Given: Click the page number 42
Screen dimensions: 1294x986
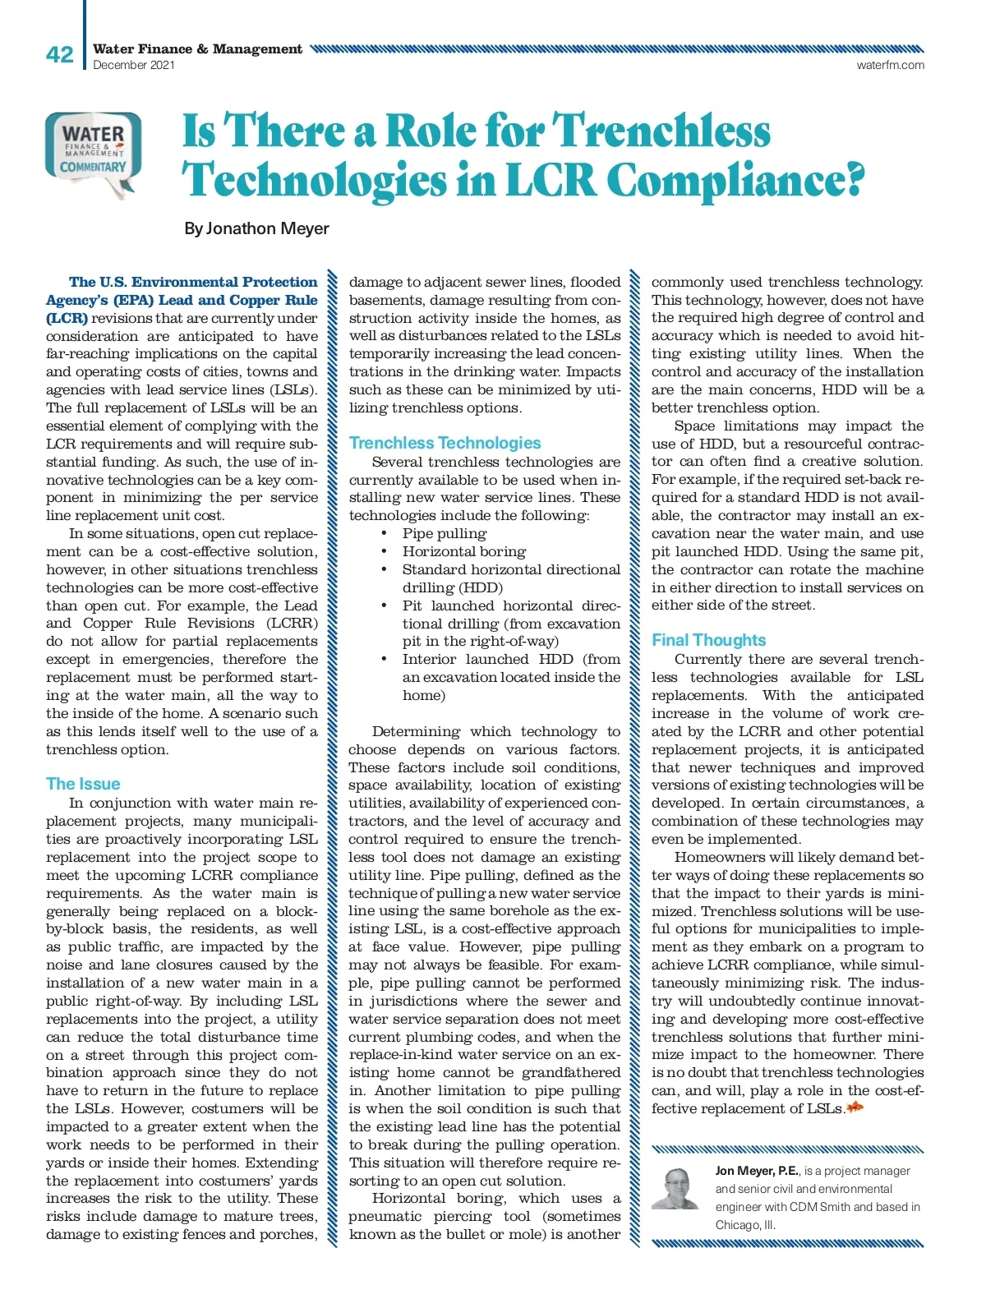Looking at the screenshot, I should point(59,55).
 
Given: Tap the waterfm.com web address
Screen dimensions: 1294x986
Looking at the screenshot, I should point(890,65).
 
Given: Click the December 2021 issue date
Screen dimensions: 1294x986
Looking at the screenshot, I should point(134,65).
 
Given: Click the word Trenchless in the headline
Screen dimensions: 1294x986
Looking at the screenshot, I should point(661,131).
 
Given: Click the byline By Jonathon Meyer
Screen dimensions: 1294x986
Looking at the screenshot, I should point(256,228).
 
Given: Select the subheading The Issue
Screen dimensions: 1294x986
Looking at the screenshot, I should point(83,784).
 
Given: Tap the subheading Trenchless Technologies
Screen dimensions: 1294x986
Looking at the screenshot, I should point(445,443).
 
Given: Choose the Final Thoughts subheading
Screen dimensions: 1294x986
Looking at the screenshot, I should point(708,640).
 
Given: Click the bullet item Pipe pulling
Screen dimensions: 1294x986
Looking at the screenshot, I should point(444,533).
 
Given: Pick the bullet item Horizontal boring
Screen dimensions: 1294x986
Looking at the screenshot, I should point(463,551).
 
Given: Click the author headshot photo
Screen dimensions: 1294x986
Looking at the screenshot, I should point(675,1188).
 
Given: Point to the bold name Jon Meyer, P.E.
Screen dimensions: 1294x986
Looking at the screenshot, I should point(757,1171).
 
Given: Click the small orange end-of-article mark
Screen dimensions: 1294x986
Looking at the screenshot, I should point(855,1108).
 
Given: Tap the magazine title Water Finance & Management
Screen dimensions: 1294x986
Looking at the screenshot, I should point(197,49).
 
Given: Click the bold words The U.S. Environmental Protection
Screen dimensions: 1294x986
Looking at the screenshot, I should point(193,282).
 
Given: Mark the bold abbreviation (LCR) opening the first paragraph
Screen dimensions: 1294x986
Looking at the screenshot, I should point(67,318).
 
